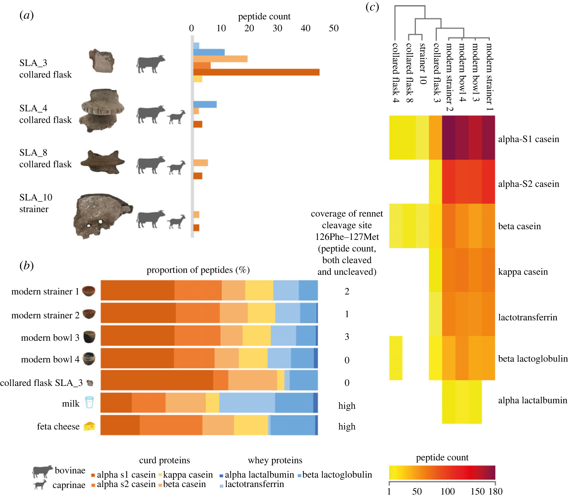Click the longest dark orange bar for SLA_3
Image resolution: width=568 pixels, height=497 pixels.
[x=256, y=72]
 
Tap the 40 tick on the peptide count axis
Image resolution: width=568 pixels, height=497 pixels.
[x=305, y=28]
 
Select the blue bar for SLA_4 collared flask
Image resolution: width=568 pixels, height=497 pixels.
[x=205, y=104]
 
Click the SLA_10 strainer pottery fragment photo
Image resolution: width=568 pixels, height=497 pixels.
[x=102, y=215]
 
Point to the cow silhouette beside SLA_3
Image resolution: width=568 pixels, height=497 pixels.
[x=151, y=64]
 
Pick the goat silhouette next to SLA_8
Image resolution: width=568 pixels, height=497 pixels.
[x=176, y=167]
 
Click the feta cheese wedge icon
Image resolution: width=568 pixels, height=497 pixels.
[x=89, y=426]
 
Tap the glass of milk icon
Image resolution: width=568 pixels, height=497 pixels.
[x=89, y=402]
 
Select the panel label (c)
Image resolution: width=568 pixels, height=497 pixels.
[x=372, y=7]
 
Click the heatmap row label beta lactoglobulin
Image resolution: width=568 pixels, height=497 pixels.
[x=532, y=359]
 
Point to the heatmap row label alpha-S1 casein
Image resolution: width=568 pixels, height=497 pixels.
[x=528, y=139]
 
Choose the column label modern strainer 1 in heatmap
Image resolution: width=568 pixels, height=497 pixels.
[x=489, y=77]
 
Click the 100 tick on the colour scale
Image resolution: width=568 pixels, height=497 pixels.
[x=448, y=491]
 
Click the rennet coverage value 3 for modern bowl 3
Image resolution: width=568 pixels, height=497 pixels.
[x=347, y=337]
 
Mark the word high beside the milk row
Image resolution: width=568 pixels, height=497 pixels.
[x=347, y=406]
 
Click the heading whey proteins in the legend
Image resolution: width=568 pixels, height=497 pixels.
[x=275, y=460]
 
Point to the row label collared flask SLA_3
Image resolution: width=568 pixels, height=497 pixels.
[x=41, y=383]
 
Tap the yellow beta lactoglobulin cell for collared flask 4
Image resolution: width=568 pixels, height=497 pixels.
[x=396, y=358]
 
